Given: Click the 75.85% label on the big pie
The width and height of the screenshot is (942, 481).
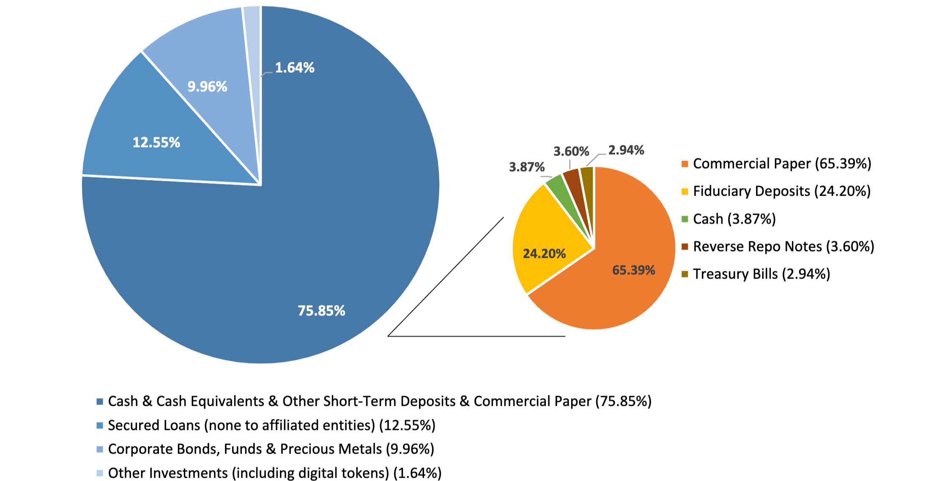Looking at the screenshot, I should (321, 311).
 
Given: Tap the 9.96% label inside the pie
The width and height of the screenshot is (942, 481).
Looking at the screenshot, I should (207, 87).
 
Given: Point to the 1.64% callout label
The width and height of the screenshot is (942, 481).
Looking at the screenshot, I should (295, 68).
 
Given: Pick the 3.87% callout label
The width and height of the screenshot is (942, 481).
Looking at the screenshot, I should (526, 167).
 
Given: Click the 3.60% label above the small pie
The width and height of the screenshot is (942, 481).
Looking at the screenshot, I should (571, 151).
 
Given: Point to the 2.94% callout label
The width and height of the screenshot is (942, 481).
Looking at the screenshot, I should (626, 150).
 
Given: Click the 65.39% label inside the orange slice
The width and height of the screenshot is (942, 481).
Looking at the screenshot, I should (633, 270).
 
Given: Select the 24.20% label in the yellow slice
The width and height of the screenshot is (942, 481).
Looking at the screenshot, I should (544, 254).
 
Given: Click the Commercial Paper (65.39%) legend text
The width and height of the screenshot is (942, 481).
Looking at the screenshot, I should (782, 164).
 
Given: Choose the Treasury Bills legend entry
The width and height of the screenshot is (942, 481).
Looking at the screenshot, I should (761, 274).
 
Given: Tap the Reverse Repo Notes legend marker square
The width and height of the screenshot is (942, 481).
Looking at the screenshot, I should (685, 246).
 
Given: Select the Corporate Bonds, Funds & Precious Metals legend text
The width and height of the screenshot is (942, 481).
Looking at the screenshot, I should (271, 449).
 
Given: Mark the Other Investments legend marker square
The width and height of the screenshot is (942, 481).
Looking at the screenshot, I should (100, 473).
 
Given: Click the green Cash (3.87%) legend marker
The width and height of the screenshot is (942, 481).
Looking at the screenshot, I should (685, 219).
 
